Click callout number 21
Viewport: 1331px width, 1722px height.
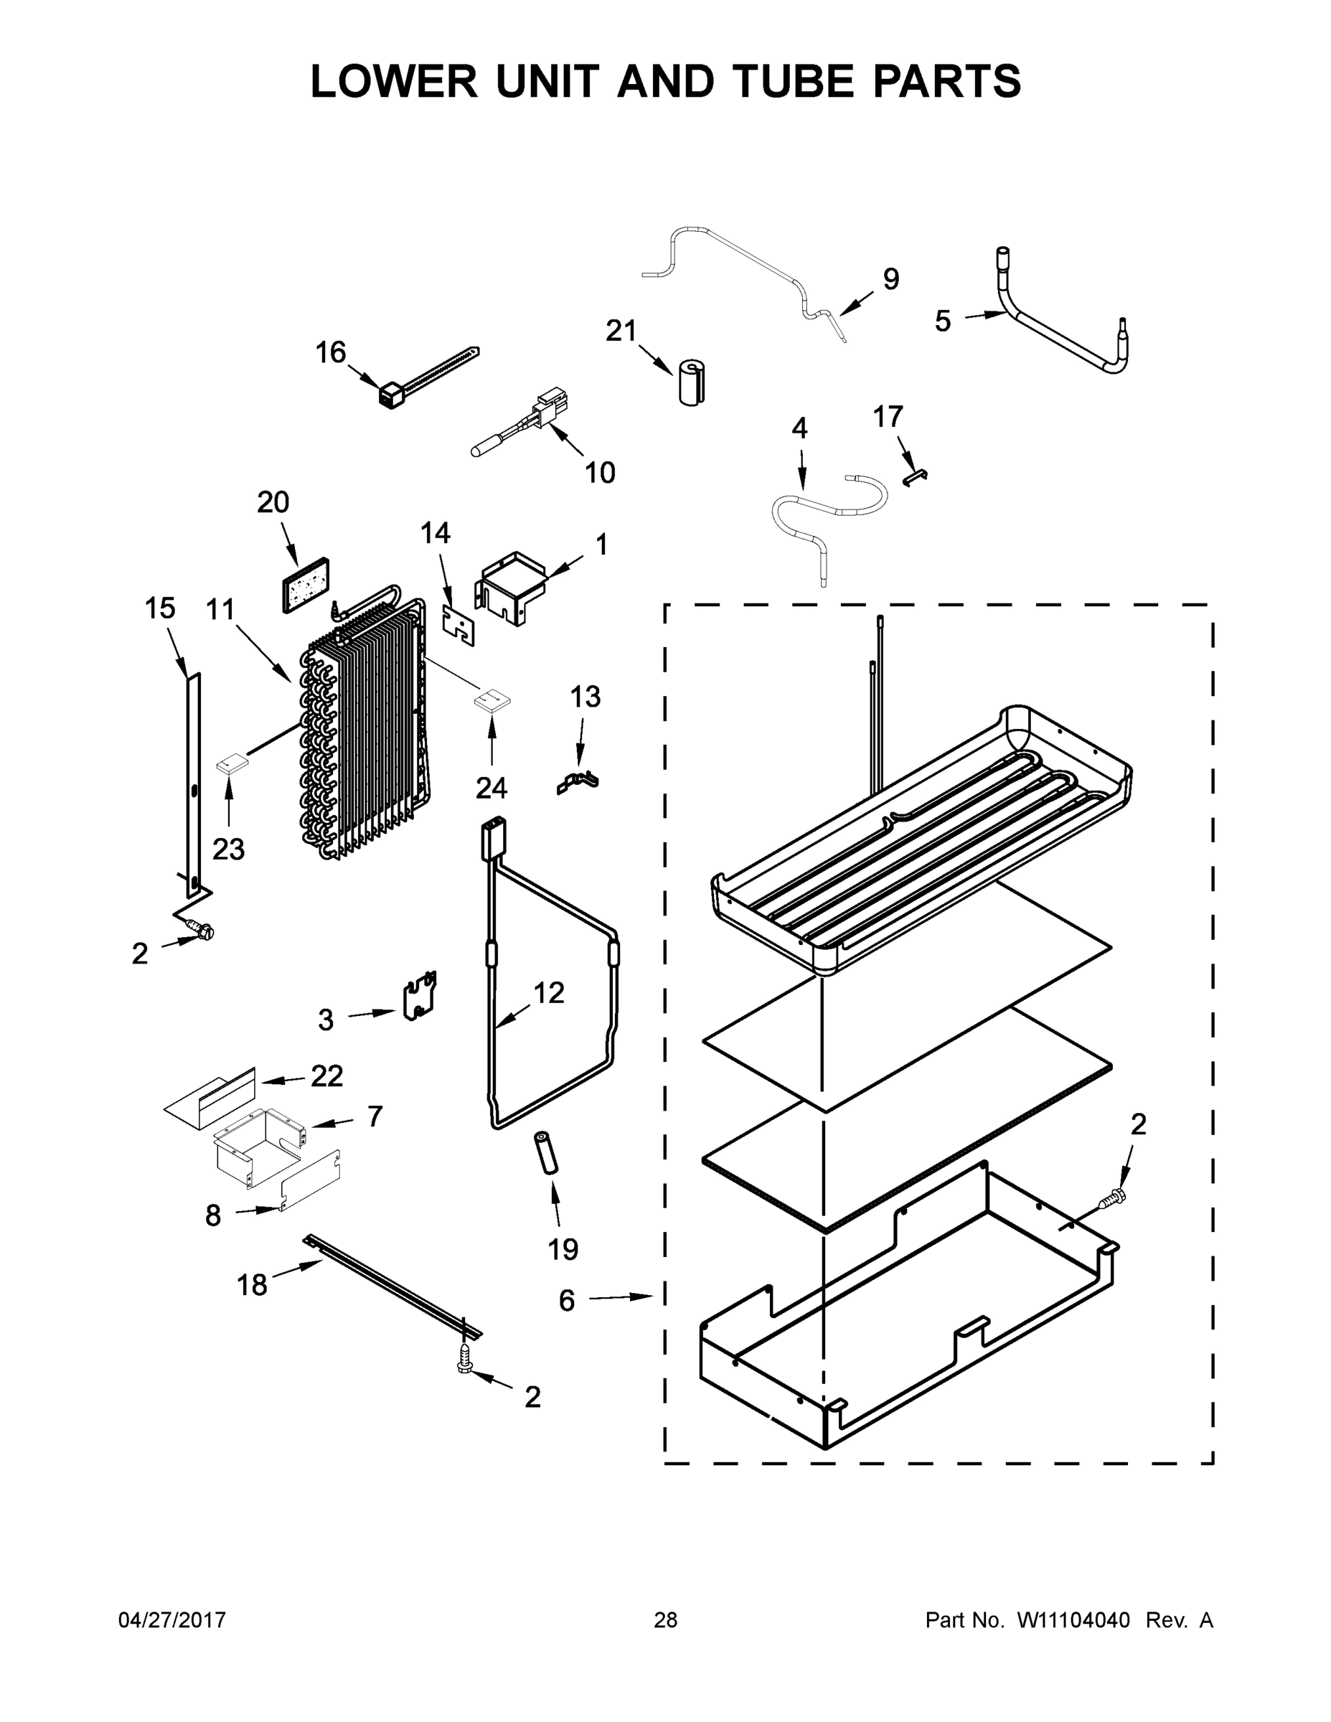621,331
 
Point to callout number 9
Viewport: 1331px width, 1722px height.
890,279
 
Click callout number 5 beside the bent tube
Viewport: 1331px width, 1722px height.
942,321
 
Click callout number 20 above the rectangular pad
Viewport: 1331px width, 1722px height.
273,502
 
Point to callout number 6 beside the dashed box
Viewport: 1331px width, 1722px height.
566,1300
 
